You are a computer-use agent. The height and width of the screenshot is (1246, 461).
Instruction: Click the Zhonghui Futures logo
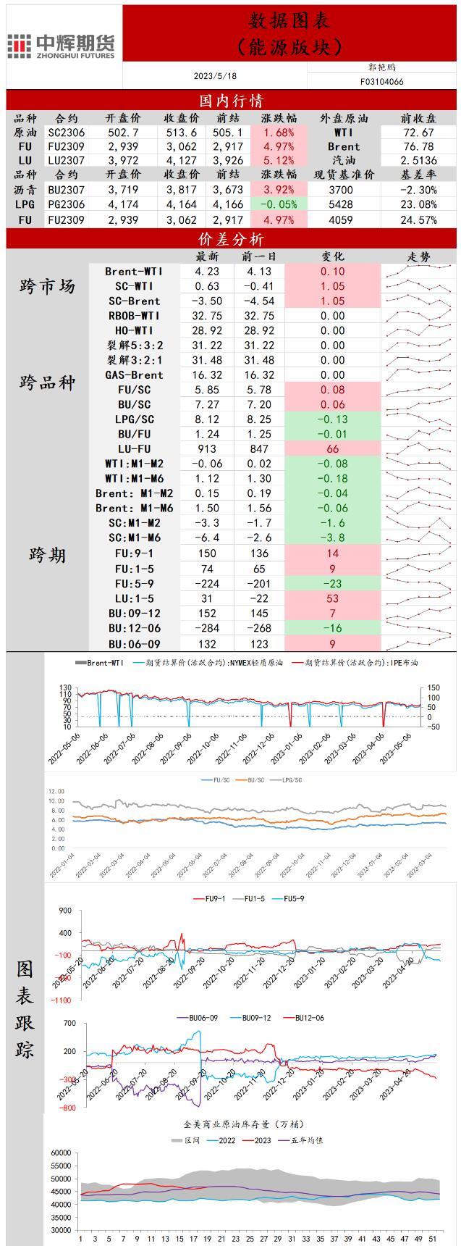(x=62, y=46)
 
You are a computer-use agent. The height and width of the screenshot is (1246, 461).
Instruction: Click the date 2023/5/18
(x=215, y=76)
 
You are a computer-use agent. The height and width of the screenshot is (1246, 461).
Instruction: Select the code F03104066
(x=381, y=82)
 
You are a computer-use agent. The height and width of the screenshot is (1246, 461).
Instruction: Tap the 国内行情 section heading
(x=231, y=100)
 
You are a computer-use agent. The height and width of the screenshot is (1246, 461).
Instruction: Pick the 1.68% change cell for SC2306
(x=279, y=133)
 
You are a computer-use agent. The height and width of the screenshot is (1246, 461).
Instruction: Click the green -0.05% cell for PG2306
(x=279, y=204)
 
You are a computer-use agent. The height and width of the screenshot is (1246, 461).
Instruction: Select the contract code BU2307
(x=67, y=190)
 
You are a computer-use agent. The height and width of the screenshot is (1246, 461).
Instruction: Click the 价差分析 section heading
(x=231, y=239)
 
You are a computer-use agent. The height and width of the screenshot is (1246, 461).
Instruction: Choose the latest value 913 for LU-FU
(x=207, y=449)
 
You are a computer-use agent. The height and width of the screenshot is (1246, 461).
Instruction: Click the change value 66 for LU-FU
(x=333, y=449)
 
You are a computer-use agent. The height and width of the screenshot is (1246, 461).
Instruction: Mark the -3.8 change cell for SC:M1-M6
(x=333, y=538)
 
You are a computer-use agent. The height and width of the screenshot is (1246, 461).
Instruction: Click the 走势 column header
(x=420, y=256)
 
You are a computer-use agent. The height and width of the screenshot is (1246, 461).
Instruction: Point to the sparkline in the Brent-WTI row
(x=420, y=271)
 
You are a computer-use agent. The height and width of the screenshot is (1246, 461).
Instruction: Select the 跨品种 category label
(x=47, y=382)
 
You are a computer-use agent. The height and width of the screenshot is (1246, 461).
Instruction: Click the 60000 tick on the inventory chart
(x=61, y=1153)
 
